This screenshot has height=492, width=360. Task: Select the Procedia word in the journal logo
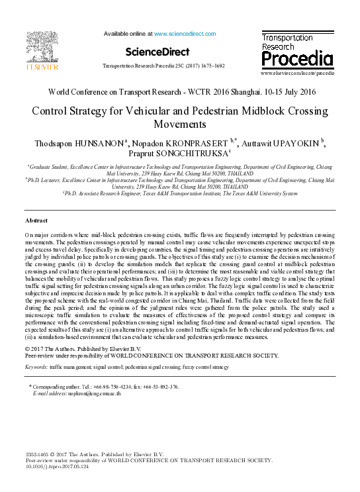point(297,60)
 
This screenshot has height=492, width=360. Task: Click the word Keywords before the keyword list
point(36,366)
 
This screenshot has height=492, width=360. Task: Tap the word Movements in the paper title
point(180,124)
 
